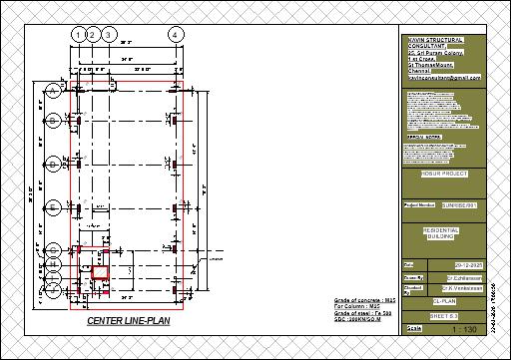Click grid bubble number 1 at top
pyautogui.click(x=78, y=34)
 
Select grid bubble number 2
pyautogui.click(x=92, y=34)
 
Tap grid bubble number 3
pyautogui.click(x=108, y=34)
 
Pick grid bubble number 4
pyautogui.click(x=176, y=34)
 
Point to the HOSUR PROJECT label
pyautogui.click(x=444, y=174)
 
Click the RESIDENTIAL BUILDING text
pyautogui.click(x=444, y=232)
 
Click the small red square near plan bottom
pyautogui.click(x=101, y=271)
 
